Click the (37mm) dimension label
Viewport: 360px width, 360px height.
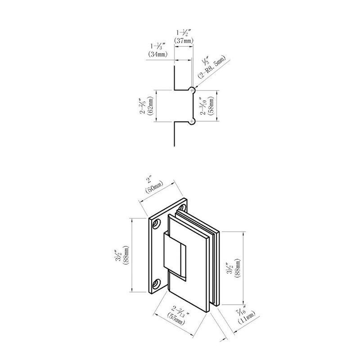click(x=184, y=40)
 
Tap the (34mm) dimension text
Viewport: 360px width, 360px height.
click(x=158, y=54)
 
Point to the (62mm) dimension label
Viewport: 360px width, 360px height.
click(x=151, y=106)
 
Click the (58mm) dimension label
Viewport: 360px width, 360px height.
click(x=210, y=106)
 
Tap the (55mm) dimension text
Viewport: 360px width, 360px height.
click(x=176, y=319)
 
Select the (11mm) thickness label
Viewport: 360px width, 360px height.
click(x=247, y=318)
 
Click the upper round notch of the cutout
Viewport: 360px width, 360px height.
click(x=192, y=90)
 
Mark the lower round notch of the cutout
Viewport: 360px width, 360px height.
click(x=192, y=121)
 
